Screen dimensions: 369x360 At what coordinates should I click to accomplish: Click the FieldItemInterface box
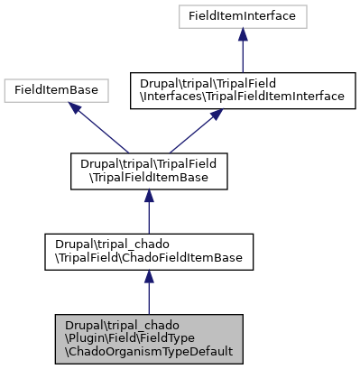click(x=242, y=15)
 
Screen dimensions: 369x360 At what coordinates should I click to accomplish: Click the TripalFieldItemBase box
click(x=149, y=171)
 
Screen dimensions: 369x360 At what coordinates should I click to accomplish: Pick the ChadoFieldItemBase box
click(x=149, y=252)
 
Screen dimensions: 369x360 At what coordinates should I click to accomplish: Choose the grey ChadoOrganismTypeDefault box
click(x=149, y=338)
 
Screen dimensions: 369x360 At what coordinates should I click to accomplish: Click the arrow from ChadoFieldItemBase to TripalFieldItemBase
click(x=149, y=213)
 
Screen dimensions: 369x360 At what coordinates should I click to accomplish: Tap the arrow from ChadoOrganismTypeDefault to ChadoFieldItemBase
click(x=149, y=294)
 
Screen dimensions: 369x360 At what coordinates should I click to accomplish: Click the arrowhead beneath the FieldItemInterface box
click(x=242, y=34)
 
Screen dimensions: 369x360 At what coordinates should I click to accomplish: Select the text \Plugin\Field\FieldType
click(x=125, y=338)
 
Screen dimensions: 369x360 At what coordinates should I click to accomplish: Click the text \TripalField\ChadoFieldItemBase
click(x=149, y=258)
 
